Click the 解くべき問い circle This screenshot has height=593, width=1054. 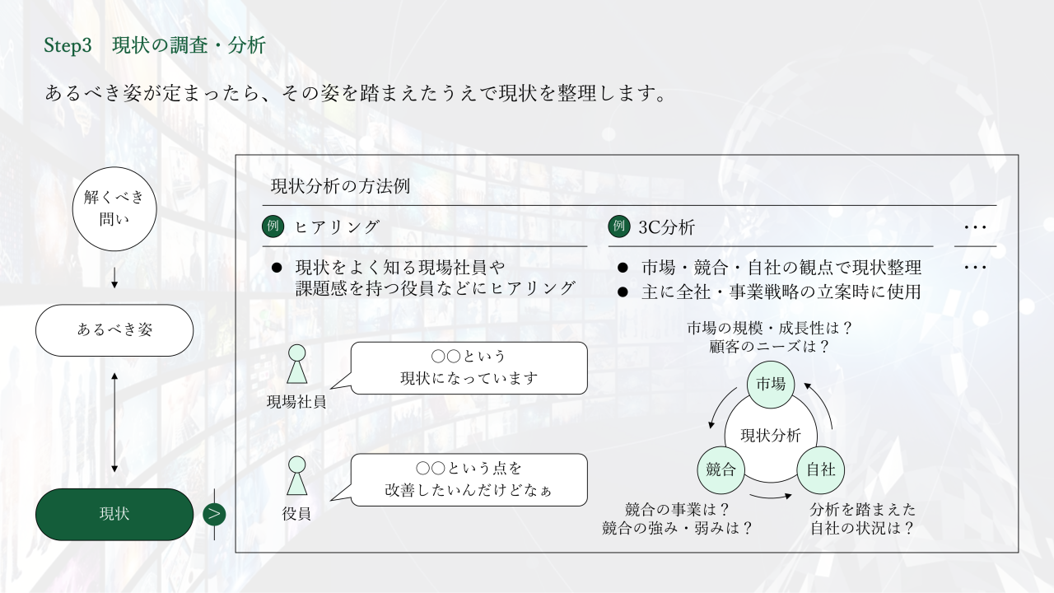[x=114, y=208]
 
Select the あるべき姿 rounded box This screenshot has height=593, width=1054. [x=114, y=329]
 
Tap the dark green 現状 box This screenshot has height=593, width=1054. [x=114, y=514]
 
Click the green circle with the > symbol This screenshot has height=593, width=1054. [x=214, y=514]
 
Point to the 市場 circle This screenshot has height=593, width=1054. [x=771, y=385]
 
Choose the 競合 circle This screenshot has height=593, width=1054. [x=721, y=469]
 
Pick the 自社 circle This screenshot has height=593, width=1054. [x=820, y=469]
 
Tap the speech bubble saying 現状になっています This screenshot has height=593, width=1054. [x=469, y=368]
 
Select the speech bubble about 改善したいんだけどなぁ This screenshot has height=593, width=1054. [x=469, y=479]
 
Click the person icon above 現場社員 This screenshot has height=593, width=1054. [x=296, y=364]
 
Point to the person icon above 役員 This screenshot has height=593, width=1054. [x=296, y=475]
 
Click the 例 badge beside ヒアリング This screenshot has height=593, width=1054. [x=273, y=226]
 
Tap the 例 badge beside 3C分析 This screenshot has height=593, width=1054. [x=618, y=226]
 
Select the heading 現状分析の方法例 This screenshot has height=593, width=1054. [x=340, y=186]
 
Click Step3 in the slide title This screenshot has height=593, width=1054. [x=68, y=46]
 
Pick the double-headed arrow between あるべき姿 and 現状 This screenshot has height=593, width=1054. [x=114, y=422]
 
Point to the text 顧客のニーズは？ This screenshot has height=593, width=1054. [x=769, y=347]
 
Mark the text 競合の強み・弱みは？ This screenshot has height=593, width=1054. [x=678, y=528]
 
